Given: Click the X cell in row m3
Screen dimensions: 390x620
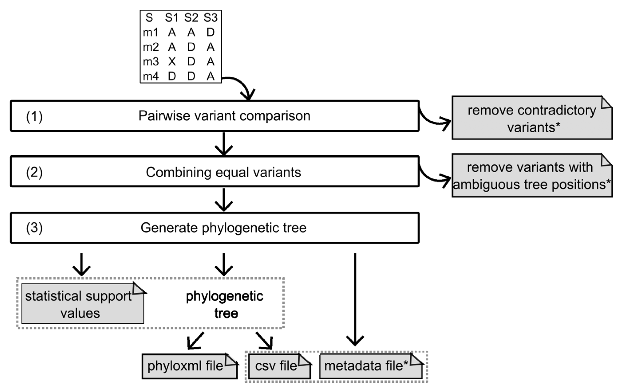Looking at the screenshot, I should [x=172, y=61].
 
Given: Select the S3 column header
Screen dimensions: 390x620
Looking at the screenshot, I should [x=210, y=18].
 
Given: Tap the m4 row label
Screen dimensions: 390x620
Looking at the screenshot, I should [x=151, y=76].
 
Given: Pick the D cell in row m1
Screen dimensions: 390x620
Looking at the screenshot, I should [x=210, y=32].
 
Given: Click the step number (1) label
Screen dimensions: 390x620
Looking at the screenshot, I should [x=34, y=117].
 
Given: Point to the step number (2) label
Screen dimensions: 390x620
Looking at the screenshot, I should [x=34, y=172].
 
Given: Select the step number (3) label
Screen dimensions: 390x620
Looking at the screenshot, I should [x=34, y=228].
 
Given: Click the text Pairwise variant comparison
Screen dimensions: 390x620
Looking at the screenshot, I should [x=224, y=116].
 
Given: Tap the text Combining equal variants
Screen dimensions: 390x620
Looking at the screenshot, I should [x=223, y=172].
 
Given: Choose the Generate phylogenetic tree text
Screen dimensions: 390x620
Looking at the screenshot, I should [x=223, y=228].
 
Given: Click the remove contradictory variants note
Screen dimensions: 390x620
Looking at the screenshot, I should [x=532, y=118].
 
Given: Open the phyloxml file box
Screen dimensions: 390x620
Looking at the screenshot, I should [x=189, y=366].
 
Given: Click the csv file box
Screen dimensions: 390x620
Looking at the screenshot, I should [x=279, y=366].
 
